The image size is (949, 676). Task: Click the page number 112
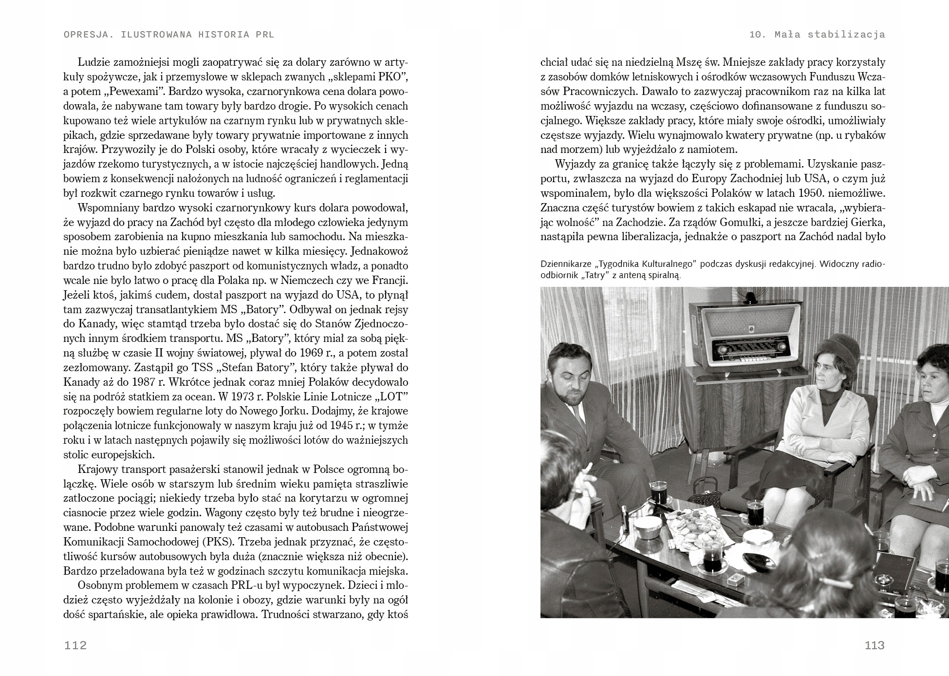click(75, 646)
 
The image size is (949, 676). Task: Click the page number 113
click(874, 646)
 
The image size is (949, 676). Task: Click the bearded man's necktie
click(578, 416)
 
